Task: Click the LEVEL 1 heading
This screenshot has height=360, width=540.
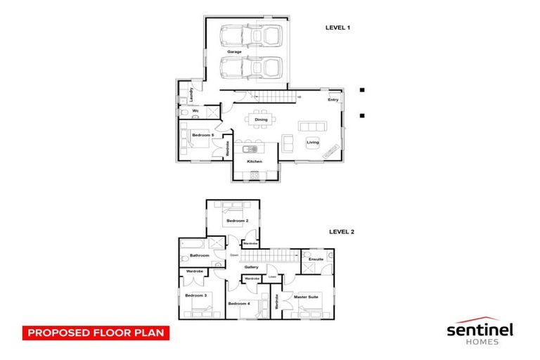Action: [x=337, y=27]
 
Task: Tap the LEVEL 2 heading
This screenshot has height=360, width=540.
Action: [x=342, y=231]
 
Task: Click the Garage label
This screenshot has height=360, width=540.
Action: [x=234, y=52]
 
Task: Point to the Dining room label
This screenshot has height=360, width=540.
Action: [x=261, y=120]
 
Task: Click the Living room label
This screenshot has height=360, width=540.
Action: [x=313, y=142]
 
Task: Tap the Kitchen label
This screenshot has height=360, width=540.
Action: [x=255, y=162]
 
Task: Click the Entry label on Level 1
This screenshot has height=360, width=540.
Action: [x=333, y=100]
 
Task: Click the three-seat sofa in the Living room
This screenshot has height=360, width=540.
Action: [x=312, y=126]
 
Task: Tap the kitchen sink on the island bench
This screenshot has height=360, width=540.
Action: [x=249, y=148]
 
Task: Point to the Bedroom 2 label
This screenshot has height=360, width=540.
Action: [x=236, y=221]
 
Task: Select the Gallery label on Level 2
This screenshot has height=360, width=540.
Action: [x=252, y=267]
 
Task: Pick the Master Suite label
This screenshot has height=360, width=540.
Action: [x=307, y=297]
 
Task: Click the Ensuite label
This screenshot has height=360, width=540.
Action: [x=316, y=259]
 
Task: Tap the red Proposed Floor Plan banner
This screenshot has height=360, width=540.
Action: [x=96, y=332]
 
